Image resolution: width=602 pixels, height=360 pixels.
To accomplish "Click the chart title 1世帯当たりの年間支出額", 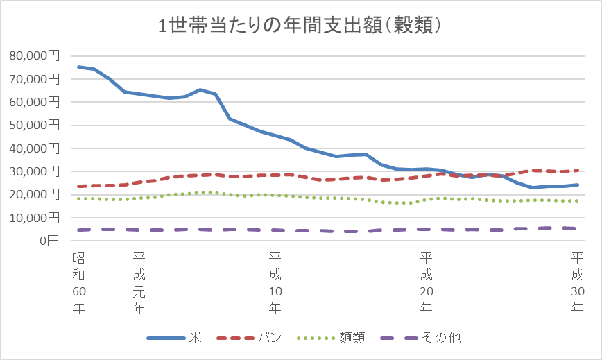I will coord(301,26).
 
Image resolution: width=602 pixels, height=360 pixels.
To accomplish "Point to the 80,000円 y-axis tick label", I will coord(35,55).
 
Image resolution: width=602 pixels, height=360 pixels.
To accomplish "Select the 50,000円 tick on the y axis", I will coord(35,125).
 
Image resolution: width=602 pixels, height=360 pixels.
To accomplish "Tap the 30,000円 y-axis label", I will coord(35,171).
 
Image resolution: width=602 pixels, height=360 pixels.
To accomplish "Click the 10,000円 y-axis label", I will coord(35,218).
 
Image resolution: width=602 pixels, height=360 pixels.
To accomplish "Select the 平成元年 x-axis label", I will coord(139,283).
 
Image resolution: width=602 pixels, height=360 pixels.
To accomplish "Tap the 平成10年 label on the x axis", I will coord(275,283).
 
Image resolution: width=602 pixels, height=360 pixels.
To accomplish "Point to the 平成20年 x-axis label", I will coord(426,283).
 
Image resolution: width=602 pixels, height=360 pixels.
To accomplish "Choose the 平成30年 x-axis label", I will coord(577,283).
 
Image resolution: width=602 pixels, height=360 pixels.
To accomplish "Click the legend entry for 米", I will coord(173,338).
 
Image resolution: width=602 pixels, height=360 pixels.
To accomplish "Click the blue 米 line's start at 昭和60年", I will coord(78,67).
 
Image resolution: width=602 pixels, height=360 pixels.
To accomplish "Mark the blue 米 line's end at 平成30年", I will coord(578,185).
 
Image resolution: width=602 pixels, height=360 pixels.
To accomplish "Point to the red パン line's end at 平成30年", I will coord(578,170).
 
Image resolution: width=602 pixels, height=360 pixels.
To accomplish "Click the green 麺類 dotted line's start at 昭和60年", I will coord(78,198).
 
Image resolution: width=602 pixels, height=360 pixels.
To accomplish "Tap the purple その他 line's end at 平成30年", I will coord(578,228).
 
